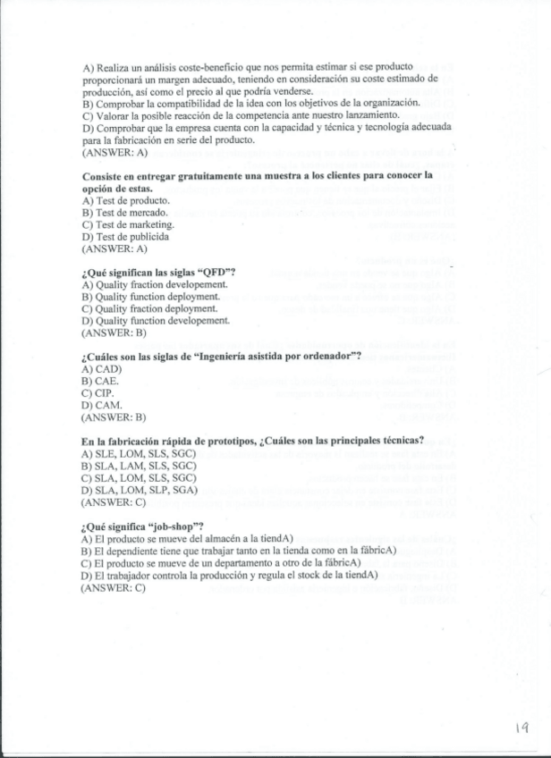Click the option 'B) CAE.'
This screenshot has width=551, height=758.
[x=100, y=380]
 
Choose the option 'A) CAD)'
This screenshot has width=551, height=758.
[x=101, y=368]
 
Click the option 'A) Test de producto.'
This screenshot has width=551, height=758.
[x=126, y=200]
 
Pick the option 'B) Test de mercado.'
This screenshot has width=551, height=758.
[x=125, y=213]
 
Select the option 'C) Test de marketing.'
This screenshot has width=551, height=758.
[x=128, y=224]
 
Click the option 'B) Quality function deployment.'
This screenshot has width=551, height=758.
[x=150, y=296]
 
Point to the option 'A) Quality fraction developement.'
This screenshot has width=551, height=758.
[x=154, y=284]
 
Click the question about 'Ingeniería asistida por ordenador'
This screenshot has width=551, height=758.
[x=221, y=356]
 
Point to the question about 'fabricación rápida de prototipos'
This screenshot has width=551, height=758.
[x=251, y=440]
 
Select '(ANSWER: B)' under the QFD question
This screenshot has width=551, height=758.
[x=114, y=333]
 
